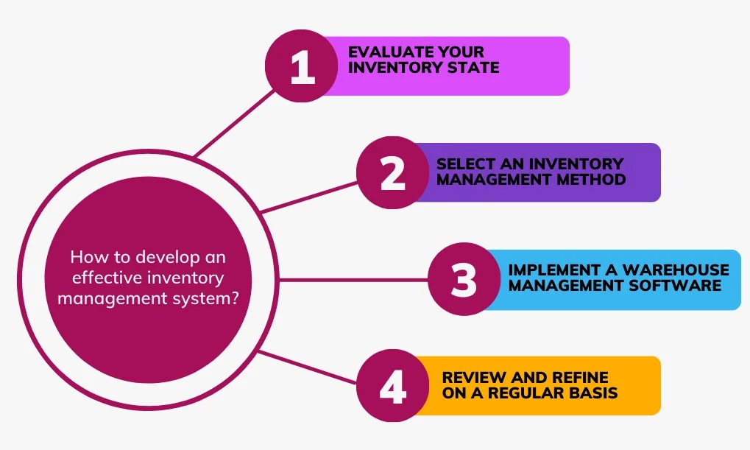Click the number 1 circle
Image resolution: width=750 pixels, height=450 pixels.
pyautogui.click(x=302, y=66)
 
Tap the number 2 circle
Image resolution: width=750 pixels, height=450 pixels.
pyautogui.click(x=393, y=172)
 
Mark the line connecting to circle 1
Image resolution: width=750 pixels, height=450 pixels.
pyautogui.click(x=236, y=123)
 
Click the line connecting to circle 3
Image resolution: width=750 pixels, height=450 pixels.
pyautogui.click(x=353, y=280)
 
